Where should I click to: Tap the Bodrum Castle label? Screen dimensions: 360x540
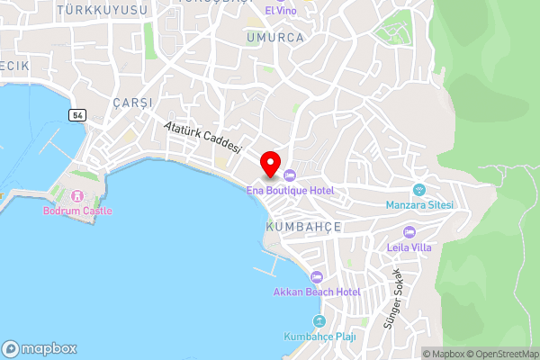tap(77, 211)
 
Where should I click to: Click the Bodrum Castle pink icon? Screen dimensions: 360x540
tap(77, 194)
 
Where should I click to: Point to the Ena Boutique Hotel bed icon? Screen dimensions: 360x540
tap(290, 175)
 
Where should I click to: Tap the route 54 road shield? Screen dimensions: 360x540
tap(78, 113)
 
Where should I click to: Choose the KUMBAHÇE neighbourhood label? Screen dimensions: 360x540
tap(303, 228)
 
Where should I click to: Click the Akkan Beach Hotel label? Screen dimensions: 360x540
tap(317, 292)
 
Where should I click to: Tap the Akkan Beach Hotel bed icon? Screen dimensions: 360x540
tap(316, 277)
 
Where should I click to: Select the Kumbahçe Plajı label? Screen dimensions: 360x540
tap(320, 337)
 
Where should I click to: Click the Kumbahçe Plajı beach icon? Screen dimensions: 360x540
tap(318, 321)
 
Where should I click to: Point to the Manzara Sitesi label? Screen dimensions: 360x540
tap(418, 205)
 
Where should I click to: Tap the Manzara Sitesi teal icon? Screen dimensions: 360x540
tap(418, 189)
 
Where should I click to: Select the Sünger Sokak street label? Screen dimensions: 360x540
tap(393, 297)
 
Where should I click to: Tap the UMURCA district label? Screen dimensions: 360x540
tap(274, 39)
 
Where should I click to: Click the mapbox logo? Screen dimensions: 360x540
tap(40, 348)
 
